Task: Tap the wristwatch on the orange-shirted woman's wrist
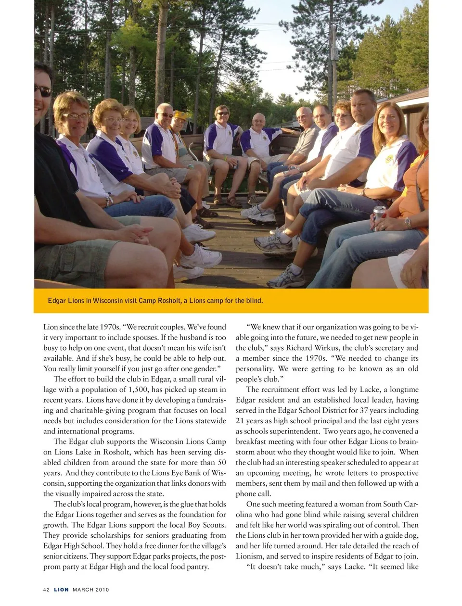(x=407, y=222)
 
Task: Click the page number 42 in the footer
(x=46, y=590)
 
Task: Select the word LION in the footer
(x=61, y=590)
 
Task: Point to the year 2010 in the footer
(x=102, y=590)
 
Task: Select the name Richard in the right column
(x=299, y=348)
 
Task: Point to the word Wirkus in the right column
(x=327, y=348)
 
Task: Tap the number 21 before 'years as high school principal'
(x=240, y=421)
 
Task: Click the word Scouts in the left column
(x=213, y=525)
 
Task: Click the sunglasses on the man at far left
(x=42, y=90)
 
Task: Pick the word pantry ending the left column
(x=197, y=567)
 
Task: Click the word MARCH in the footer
(x=83, y=590)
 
